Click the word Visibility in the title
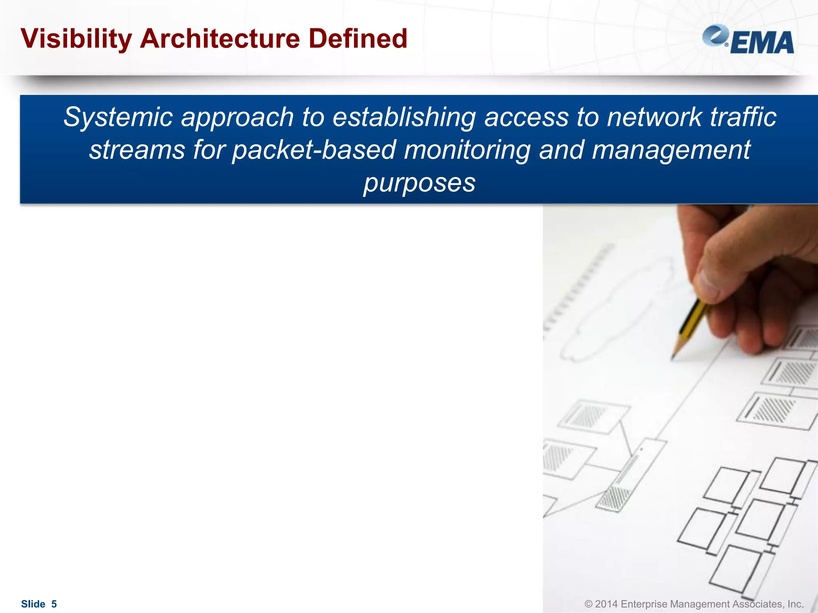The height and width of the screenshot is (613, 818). [76, 39]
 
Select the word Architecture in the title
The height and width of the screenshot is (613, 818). [220, 39]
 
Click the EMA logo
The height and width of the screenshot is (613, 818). [748, 40]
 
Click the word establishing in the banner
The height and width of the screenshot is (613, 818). [404, 117]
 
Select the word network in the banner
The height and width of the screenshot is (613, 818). [654, 117]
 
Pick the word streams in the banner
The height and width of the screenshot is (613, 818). [137, 150]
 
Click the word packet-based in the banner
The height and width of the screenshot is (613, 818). [314, 150]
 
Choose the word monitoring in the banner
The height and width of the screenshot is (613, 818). [467, 150]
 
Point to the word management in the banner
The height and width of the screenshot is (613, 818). [671, 150]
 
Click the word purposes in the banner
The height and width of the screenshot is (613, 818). [419, 183]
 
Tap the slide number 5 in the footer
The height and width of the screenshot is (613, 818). [54, 604]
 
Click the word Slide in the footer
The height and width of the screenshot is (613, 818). [33, 604]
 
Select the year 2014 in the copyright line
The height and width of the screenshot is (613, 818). [607, 604]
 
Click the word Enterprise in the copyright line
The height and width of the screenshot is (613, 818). [644, 604]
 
